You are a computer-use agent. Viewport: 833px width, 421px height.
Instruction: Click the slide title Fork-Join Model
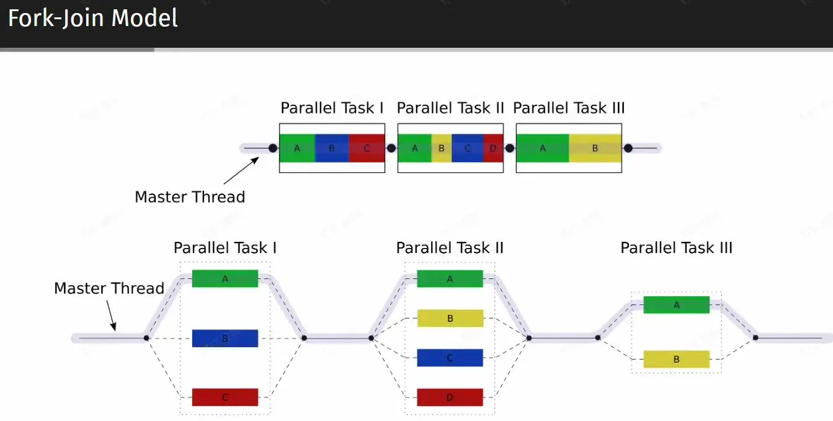coord(92,18)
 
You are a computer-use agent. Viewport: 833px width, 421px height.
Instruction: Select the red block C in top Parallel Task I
coord(367,148)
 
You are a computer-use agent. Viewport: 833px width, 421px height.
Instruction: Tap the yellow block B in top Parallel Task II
coord(442,148)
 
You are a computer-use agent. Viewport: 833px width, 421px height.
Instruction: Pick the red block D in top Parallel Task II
coord(493,148)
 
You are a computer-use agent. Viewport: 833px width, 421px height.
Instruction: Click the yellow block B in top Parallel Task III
coord(595,148)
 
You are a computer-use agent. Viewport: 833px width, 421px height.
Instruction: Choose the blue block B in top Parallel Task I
coord(332,148)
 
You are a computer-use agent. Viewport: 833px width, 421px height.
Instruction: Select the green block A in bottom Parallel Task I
coord(225,278)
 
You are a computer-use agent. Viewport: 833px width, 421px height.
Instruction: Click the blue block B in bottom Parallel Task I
coord(225,339)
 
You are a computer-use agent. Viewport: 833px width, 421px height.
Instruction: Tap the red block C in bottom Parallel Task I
coord(225,397)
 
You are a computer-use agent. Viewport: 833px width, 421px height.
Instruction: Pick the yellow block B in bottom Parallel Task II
coord(450,319)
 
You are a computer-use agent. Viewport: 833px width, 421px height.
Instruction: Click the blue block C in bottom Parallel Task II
coord(450,358)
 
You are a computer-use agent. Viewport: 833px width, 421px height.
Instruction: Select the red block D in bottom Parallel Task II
coord(450,397)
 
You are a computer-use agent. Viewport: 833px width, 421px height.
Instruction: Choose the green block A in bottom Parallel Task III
coord(677,305)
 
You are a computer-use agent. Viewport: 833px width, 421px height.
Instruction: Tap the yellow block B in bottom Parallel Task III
coord(677,360)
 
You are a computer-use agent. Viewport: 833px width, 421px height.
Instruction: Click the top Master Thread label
coord(190,197)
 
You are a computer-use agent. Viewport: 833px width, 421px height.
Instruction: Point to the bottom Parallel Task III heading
coord(677,248)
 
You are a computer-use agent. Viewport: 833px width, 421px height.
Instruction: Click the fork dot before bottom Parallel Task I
coord(146,338)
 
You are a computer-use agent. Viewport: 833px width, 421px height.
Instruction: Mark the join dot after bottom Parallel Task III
coord(755,338)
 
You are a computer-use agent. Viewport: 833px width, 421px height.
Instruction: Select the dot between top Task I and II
coord(391,148)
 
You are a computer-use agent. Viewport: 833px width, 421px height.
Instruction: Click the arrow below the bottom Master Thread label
coord(111,316)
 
